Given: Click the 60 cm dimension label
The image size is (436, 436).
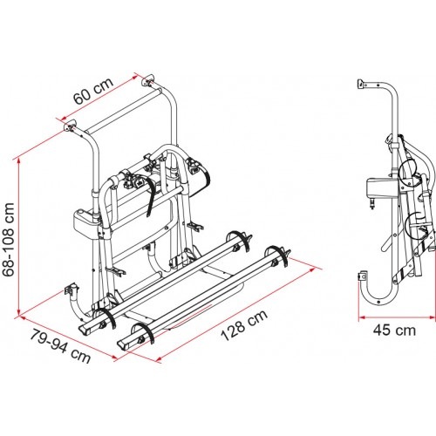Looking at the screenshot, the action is point(93,91).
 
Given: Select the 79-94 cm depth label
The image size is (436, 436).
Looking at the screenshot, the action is point(60,346).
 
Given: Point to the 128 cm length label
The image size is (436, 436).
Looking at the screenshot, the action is point(244,324).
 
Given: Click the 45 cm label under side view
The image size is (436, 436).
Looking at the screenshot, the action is point(394,330).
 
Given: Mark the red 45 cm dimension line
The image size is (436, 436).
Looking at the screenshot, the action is point(397,317).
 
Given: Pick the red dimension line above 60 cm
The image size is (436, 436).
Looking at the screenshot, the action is point(99,98).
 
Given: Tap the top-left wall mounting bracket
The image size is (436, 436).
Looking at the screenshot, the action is point(70,126).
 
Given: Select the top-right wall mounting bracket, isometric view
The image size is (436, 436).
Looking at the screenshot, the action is point(148,80).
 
